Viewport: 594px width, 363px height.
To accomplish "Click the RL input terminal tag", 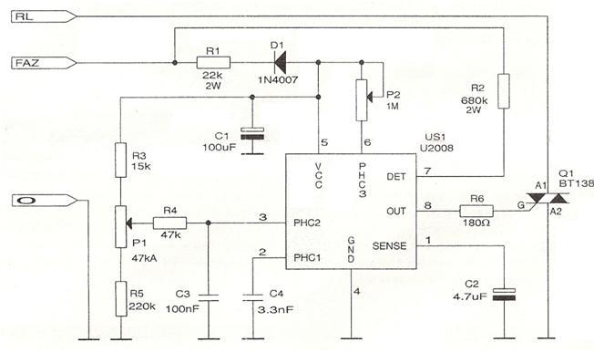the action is [44, 16].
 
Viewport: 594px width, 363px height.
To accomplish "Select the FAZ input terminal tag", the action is [44, 63].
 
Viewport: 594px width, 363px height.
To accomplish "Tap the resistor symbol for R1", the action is [213, 63].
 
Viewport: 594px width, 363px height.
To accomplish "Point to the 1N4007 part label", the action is [278, 80].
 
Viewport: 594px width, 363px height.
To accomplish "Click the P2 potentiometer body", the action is [362, 100].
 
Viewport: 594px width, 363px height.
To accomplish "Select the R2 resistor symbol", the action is [504, 91].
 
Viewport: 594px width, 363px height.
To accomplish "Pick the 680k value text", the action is [475, 101].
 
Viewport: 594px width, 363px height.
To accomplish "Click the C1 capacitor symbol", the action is [252, 133].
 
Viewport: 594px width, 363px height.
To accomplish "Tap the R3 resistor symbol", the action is [120, 160].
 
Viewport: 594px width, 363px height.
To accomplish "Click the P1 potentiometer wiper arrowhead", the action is [128, 223].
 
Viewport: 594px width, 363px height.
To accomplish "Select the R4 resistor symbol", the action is [169, 223].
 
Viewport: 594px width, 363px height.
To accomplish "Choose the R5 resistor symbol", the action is [120, 299].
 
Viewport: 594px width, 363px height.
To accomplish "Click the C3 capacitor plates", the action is [209, 297].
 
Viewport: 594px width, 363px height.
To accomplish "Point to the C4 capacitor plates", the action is [252, 297].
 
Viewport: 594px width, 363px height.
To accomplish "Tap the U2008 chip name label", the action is [436, 148].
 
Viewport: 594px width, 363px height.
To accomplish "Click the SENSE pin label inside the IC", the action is [389, 245].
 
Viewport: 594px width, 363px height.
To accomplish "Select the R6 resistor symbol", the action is [476, 212].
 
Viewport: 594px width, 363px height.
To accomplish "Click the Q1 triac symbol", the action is [548, 199].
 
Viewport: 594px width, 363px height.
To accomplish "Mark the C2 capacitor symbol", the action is [504, 295].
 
